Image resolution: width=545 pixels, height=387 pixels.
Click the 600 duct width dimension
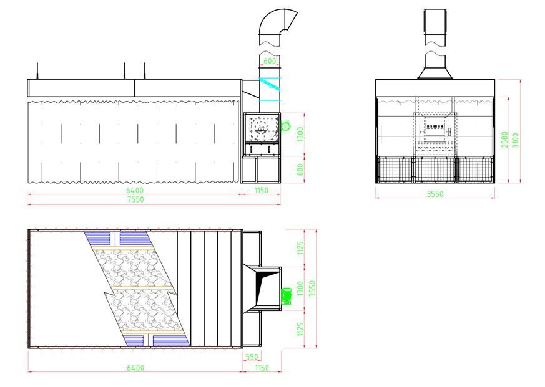click(x=270, y=61)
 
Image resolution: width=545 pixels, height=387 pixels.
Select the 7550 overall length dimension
click(x=135, y=199)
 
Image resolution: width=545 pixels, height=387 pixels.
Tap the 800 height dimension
click(x=300, y=170)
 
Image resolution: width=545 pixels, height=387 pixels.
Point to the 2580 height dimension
click(x=504, y=140)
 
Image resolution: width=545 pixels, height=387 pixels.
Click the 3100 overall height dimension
click(x=516, y=140)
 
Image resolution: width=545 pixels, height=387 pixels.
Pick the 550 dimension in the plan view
click(x=252, y=357)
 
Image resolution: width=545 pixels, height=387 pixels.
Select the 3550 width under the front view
click(x=435, y=194)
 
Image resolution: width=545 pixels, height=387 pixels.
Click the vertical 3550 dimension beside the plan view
click(x=313, y=289)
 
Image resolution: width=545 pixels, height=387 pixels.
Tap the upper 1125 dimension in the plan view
click(x=300, y=248)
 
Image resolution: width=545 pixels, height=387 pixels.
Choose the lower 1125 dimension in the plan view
click(x=300, y=329)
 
